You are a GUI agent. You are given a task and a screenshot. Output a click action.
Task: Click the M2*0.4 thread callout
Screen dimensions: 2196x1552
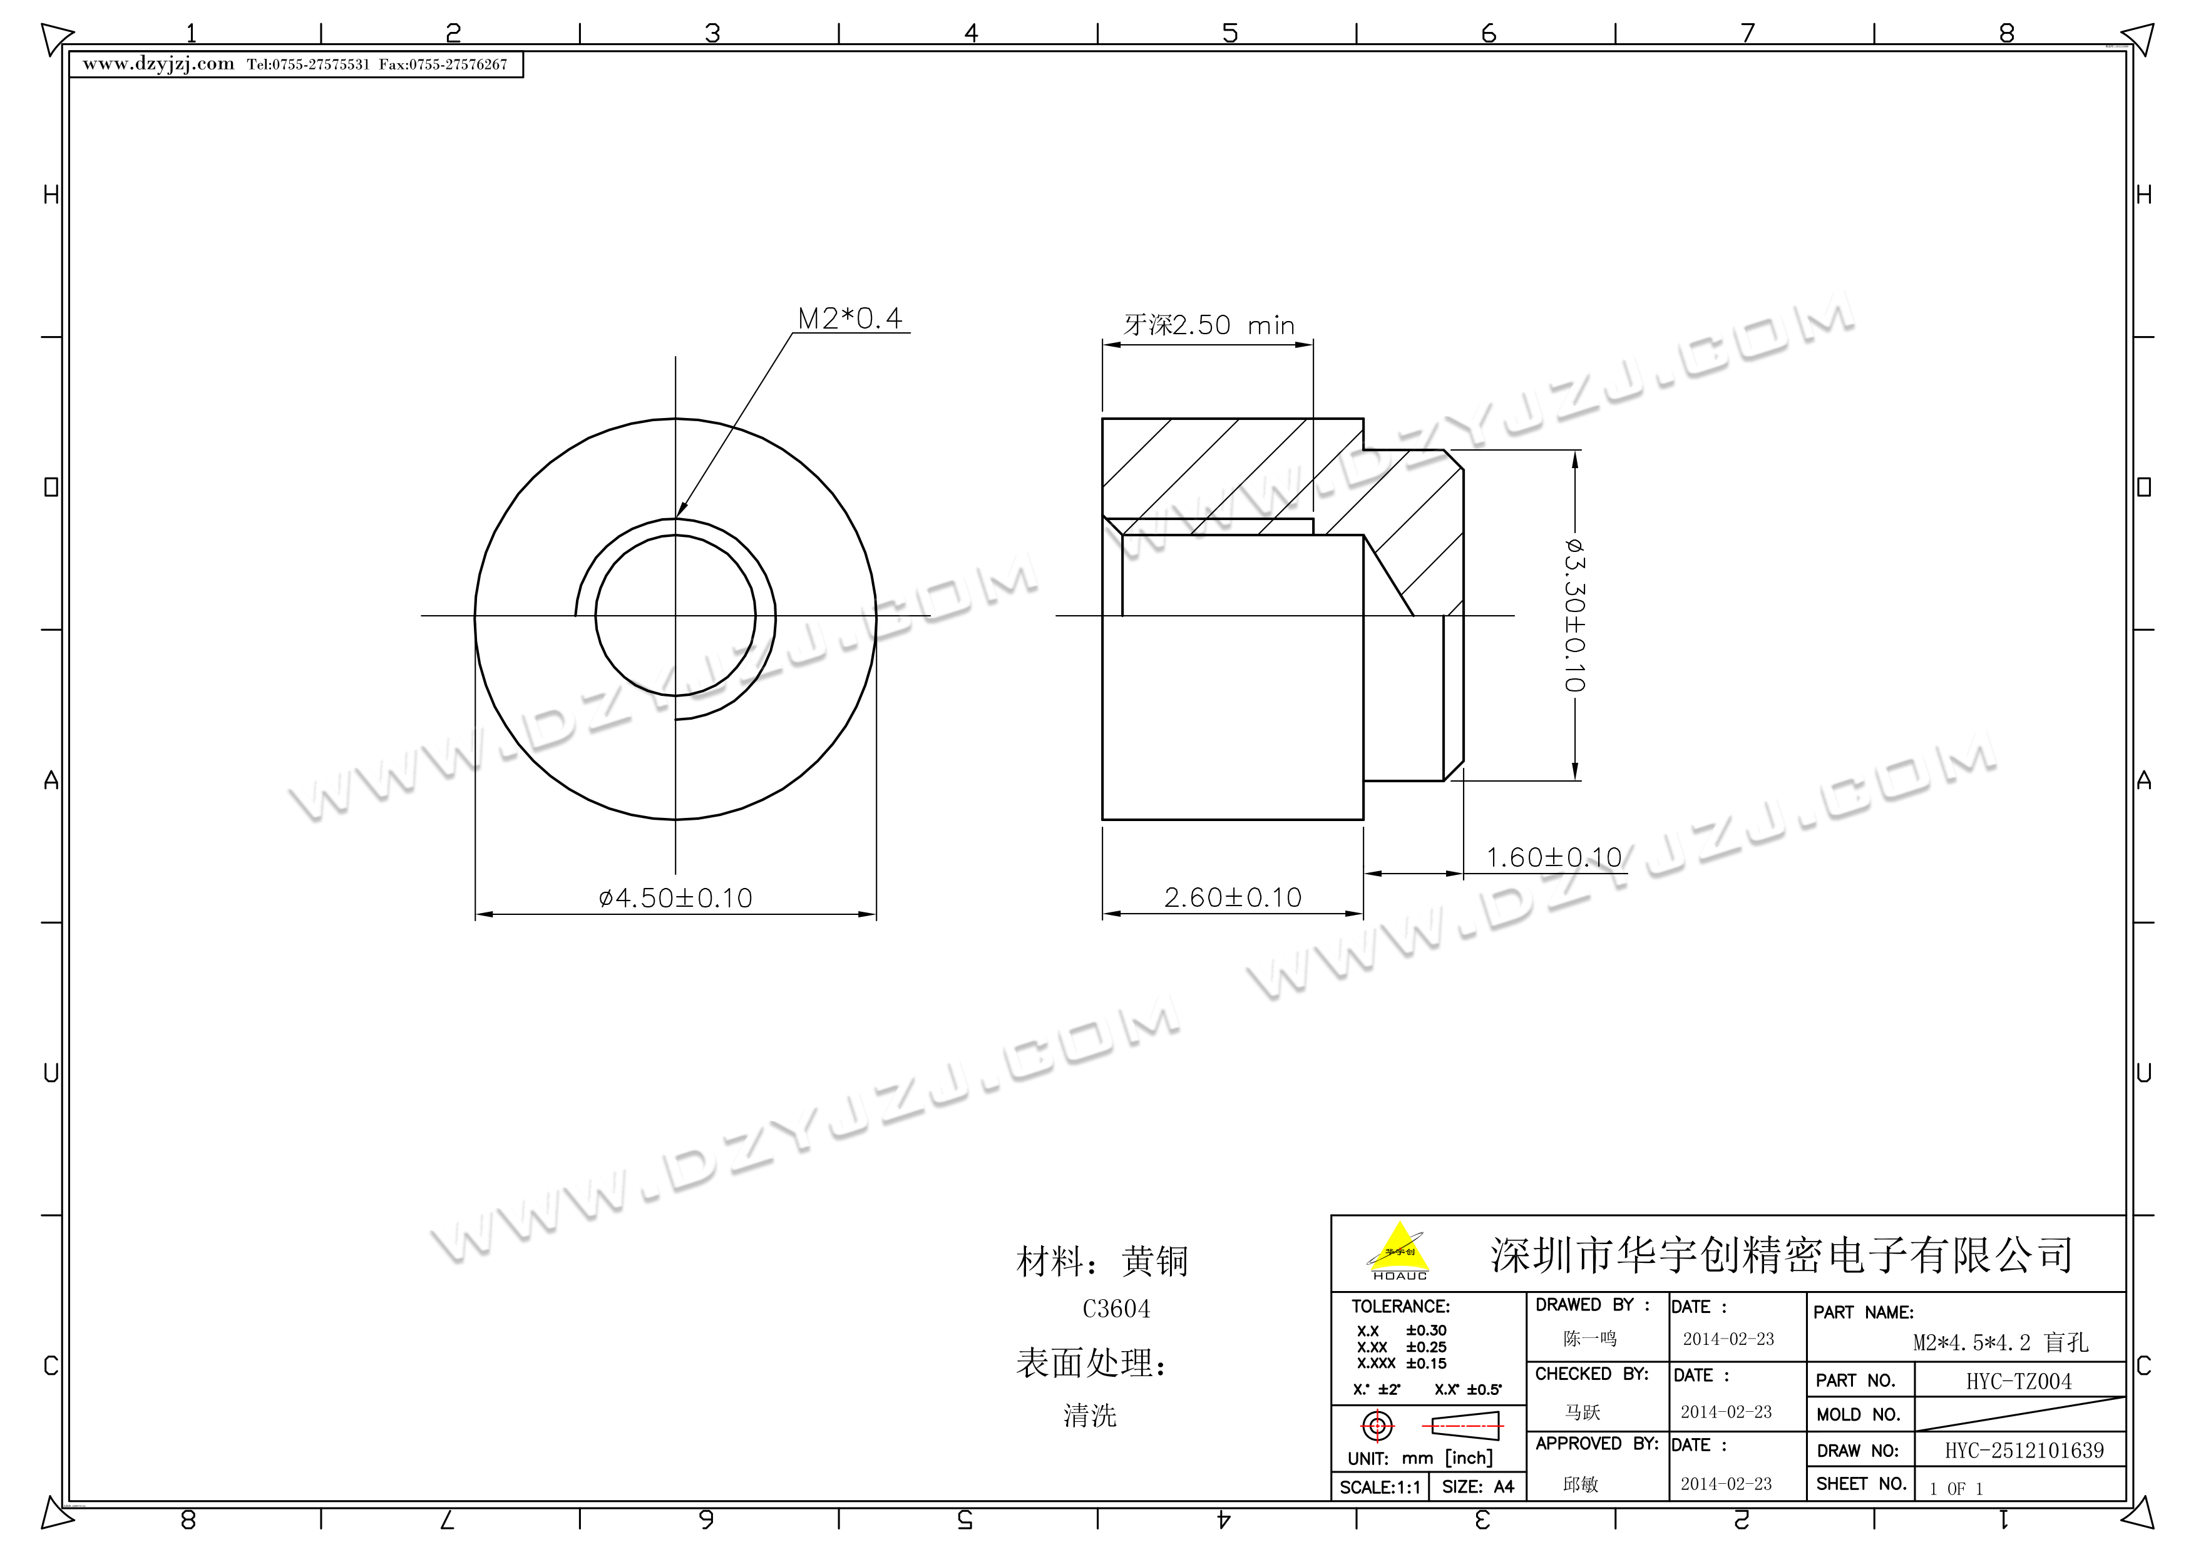[850, 319]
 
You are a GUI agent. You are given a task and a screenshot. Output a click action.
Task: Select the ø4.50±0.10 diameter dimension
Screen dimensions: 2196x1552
[675, 898]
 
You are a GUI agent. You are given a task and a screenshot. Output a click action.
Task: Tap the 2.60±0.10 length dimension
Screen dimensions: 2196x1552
[1233, 898]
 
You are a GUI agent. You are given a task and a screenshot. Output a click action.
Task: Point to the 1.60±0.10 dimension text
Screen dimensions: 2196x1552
[1554, 858]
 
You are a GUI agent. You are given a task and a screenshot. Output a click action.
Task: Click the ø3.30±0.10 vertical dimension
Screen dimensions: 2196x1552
[1574, 615]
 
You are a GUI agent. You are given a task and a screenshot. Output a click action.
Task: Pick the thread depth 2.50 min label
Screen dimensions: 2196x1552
[1209, 325]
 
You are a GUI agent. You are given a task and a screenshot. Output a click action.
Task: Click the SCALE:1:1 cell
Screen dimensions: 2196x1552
[1380, 1487]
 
